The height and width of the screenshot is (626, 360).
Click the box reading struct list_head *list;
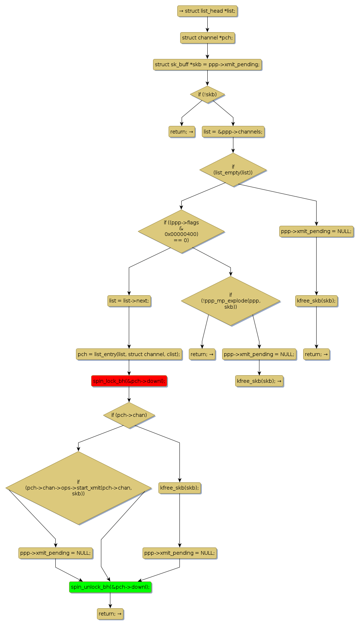click(x=207, y=11)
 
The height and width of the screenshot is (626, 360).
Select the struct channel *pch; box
click(x=207, y=38)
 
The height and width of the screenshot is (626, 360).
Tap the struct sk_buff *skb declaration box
click(x=207, y=64)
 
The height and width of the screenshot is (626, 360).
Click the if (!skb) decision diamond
click(x=207, y=94)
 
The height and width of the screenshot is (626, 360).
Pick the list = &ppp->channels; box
click(x=233, y=132)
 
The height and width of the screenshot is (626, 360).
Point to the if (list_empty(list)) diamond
click(x=233, y=170)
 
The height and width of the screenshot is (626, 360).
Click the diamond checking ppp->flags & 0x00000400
click(x=181, y=231)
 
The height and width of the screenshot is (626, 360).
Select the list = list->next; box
click(x=129, y=301)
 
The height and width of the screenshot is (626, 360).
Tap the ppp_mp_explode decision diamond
click(x=230, y=301)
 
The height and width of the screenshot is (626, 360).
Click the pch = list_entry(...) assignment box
click(x=129, y=354)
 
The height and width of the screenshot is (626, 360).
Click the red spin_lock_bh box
click(x=129, y=381)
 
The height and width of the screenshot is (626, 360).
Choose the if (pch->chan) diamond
click(x=129, y=415)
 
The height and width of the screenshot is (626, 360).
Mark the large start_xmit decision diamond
click(x=78, y=488)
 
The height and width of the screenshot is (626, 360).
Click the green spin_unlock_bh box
click(x=110, y=587)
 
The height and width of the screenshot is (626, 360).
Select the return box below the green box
click(x=110, y=614)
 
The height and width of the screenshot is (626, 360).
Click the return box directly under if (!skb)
click(x=182, y=132)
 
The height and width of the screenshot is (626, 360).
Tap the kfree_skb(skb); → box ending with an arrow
click(x=259, y=381)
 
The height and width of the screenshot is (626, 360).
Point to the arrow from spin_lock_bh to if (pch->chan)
click(x=129, y=394)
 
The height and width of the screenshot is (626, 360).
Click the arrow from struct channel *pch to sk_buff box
click(x=207, y=51)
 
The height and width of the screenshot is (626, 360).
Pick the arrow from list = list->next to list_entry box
click(x=129, y=327)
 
